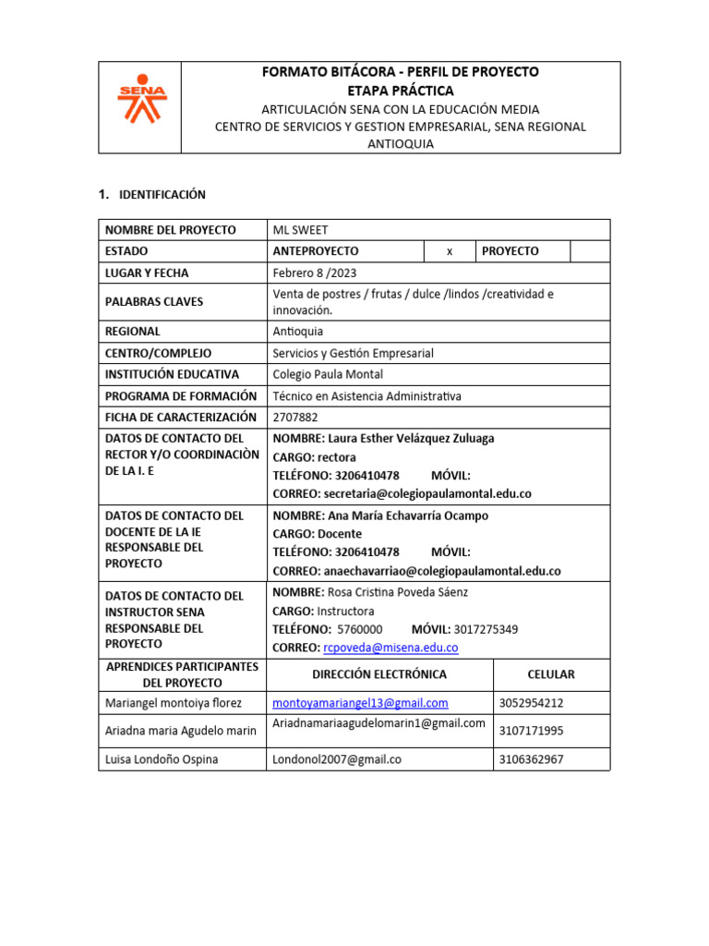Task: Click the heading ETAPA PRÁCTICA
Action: click(x=400, y=91)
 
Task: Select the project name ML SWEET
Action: click(x=300, y=230)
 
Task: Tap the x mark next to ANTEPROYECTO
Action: click(x=449, y=251)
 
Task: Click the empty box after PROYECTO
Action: click(x=589, y=251)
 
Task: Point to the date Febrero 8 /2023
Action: click(x=315, y=273)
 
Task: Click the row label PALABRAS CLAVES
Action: click(x=154, y=302)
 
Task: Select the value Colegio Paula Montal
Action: click(x=328, y=374)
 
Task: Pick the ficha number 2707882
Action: click(x=294, y=418)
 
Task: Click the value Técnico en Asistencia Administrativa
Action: click(x=367, y=396)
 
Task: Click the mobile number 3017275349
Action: click(x=485, y=629)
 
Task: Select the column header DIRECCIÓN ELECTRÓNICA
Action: click(x=379, y=674)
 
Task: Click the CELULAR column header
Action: click(x=550, y=674)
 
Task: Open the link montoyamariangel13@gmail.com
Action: click(x=360, y=703)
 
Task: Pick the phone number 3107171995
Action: click(x=531, y=731)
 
